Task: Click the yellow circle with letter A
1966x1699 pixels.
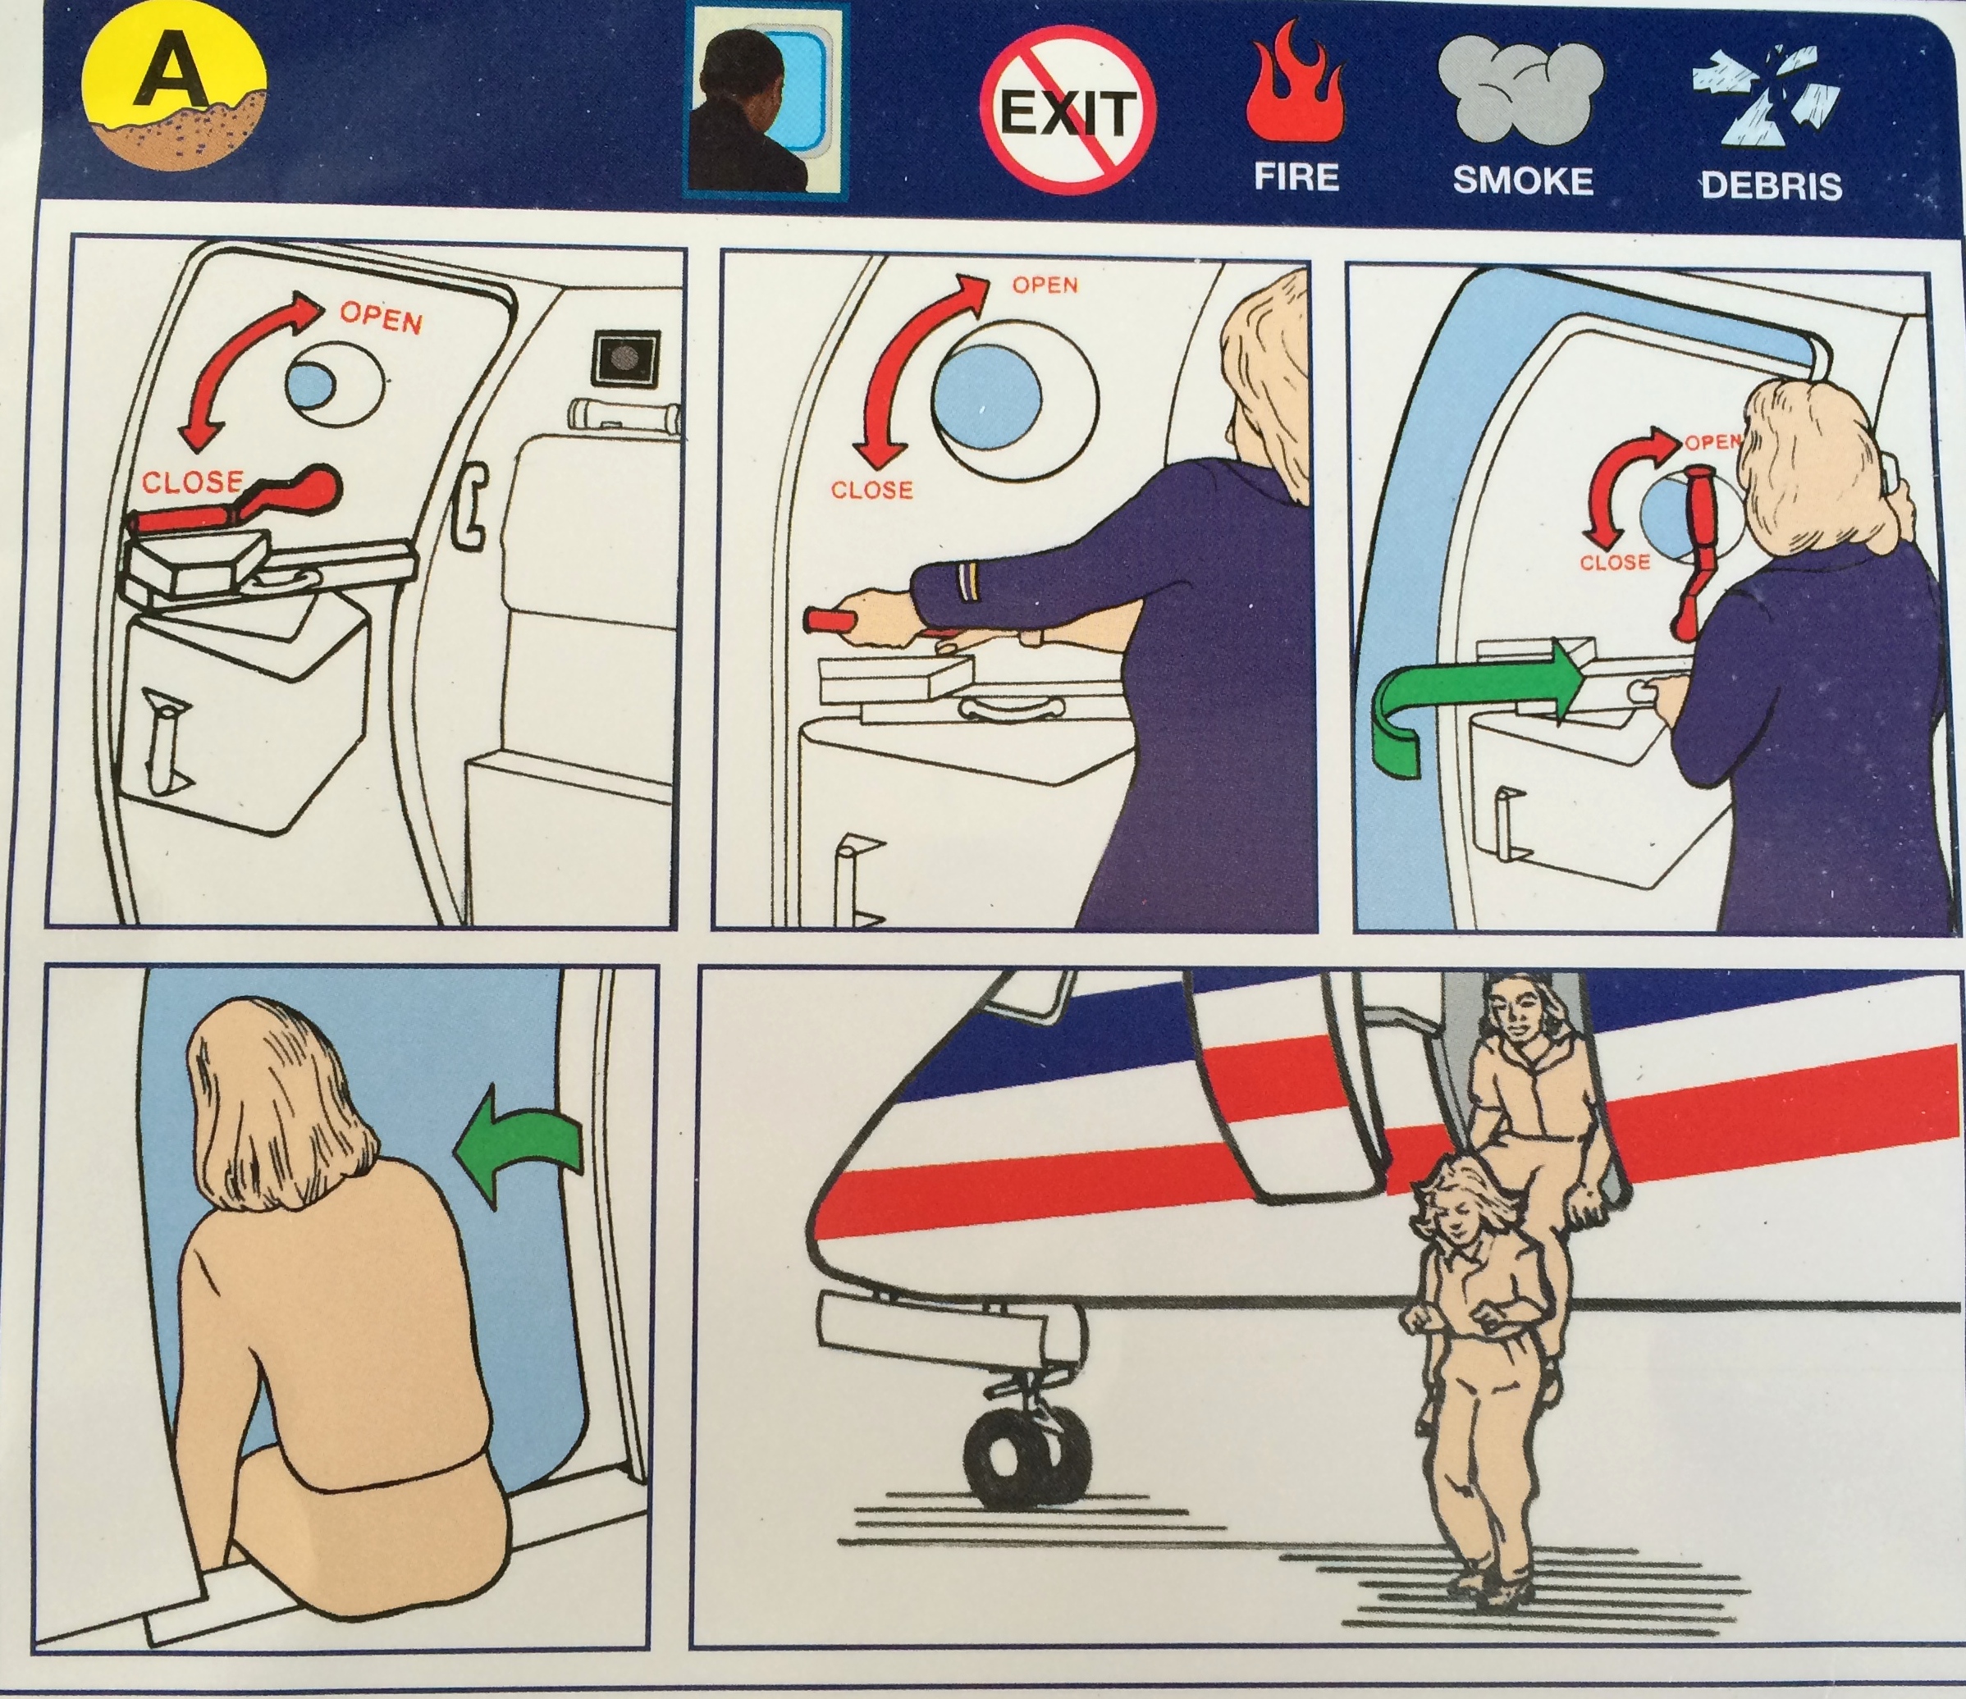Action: click(175, 103)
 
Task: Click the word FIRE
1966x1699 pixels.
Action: click(1297, 177)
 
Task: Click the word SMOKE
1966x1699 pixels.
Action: click(1523, 180)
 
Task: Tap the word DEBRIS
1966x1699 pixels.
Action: click(1771, 184)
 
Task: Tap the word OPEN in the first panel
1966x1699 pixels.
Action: click(381, 316)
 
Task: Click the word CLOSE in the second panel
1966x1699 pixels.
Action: click(871, 491)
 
